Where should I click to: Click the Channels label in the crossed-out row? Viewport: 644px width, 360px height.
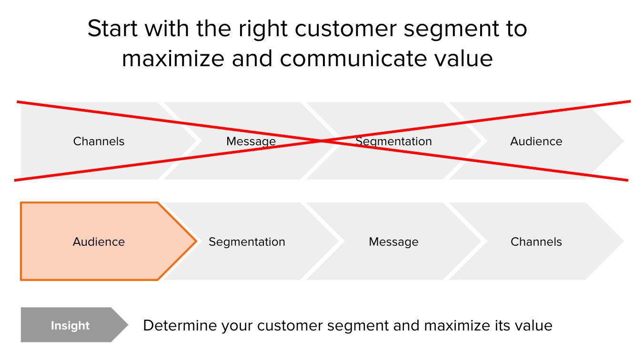click(99, 141)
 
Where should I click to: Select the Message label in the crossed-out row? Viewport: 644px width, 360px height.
click(251, 141)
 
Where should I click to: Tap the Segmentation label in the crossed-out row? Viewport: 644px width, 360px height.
click(393, 141)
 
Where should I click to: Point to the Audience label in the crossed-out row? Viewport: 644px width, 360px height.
click(536, 141)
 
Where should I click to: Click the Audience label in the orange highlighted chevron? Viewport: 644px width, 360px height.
click(99, 242)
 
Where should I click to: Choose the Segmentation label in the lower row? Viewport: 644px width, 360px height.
click(247, 242)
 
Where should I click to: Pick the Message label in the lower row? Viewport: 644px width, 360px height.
click(393, 242)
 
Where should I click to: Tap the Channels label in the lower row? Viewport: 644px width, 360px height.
click(536, 242)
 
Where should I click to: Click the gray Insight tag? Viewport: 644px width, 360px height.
click(70, 326)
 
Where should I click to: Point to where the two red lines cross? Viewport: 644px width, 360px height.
click(322, 141)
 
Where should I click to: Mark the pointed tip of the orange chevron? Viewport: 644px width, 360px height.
click(196, 241)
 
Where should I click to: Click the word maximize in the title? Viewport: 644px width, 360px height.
click(172, 59)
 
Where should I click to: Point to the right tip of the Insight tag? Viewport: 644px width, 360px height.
click(128, 325)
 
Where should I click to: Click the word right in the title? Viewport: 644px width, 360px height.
click(264, 30)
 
